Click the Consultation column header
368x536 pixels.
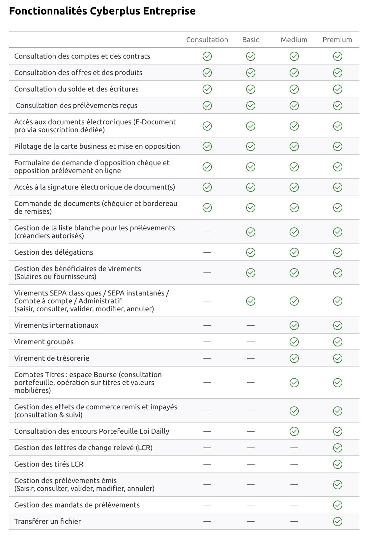pos(207,40)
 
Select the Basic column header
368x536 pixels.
pos(250,40)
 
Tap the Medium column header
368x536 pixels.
pos(294,40)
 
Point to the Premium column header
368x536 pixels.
pos(337,40)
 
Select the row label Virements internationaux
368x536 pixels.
pos(56,325)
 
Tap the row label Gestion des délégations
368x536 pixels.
pos(54,252)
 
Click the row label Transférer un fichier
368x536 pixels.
pos(47,522)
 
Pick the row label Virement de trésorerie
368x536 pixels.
pos(52,358)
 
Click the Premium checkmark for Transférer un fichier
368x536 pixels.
pos(337,522)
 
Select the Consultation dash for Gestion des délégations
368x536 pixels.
pos(207,252)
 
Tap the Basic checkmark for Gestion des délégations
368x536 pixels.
pos(250,252)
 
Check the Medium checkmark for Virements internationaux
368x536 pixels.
pos(294,325)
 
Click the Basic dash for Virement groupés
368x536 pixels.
pos(250,342)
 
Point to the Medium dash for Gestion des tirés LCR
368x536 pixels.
pos(294,464)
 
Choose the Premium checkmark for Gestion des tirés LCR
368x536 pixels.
pos(337,464)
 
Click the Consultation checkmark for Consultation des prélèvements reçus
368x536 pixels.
pos(207,106)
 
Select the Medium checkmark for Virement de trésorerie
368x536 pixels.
pos(294,358)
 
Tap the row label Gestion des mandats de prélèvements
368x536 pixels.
pos(77,505)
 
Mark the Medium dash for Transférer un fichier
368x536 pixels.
pos(294,522)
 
